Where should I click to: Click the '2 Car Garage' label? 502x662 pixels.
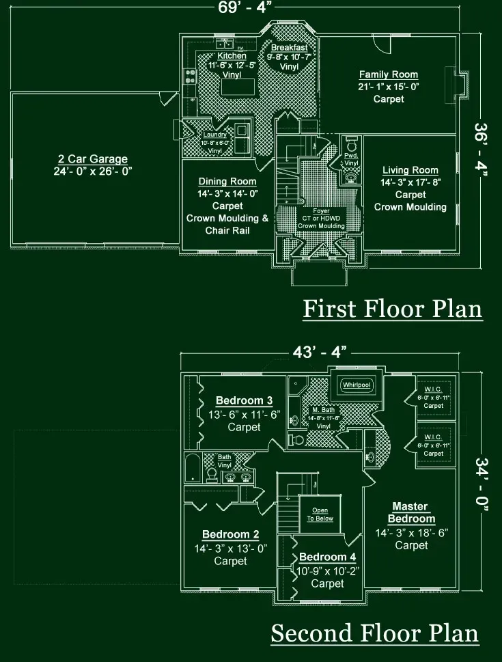click(x=93, y=159)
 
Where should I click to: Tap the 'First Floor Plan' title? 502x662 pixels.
click(x=392, y=309)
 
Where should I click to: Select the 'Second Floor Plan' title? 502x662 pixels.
click(x=375, y=633)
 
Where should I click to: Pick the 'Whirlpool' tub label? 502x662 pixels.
click(x=357, y=385)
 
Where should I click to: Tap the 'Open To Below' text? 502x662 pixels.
click(x=320, y=514)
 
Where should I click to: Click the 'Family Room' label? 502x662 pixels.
click(x=389, y=74)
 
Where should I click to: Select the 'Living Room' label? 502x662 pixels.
click(x=410, y=170)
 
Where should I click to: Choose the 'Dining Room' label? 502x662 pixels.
click(x=227, y=182)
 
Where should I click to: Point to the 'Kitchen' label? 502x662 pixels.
click(x=232, y=55)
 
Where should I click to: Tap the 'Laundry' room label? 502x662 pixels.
click(x=214, y=135)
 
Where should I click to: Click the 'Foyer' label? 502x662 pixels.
click(x=321, y=211)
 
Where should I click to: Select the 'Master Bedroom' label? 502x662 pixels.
click(x=411, y=512)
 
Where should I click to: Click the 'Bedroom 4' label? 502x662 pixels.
click(x=327, y=557)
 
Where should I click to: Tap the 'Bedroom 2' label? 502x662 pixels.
click(x=230, y=534)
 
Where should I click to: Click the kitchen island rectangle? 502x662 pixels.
click(x=236, y=87)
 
